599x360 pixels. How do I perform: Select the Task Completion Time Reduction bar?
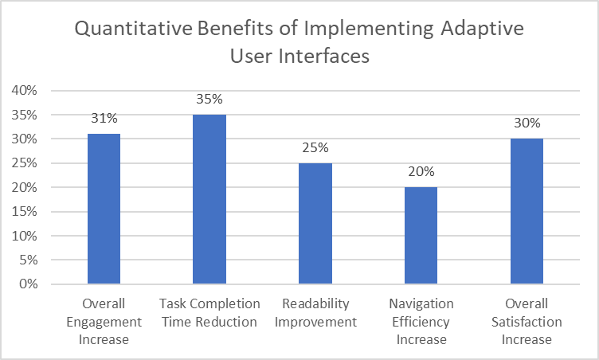[x=209, y=199]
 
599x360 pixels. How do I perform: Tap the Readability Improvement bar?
[x=315, y=223]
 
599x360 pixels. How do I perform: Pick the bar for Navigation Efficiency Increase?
[x=421, y=236]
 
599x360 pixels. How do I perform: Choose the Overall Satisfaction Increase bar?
[x=527, y=211]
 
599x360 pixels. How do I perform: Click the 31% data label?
[x=104, y=118]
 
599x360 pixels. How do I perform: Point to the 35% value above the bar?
[x=209, y=99]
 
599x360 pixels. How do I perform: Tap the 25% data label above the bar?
[x=315, y=147]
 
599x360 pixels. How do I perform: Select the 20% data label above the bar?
[x=421, y=171]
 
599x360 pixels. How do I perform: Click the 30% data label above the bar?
[x=527, y=123]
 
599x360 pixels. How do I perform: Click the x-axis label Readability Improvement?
[x=315, y=313]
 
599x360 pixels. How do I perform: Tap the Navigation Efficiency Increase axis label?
[x=421, y=322]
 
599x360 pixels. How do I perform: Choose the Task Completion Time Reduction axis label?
[x=209, y=313]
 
